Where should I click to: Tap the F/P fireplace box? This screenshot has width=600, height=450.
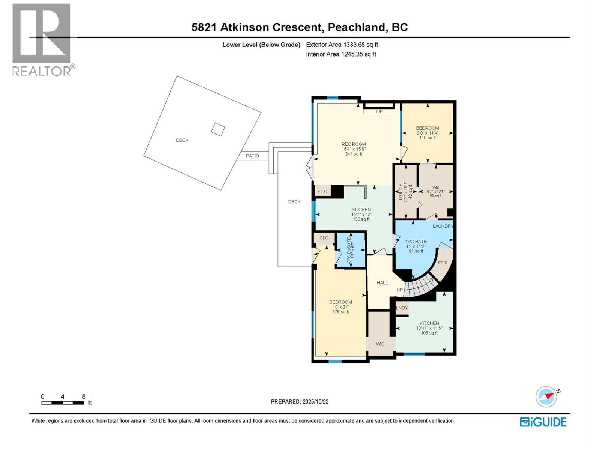[379, 111]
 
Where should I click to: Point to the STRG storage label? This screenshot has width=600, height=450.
[442, 262]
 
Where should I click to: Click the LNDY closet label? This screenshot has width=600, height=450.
[402, 308]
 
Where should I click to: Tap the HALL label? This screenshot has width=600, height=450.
[382, 283]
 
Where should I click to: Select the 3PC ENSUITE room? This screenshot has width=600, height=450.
[350, 250]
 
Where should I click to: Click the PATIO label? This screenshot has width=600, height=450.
[252, 156]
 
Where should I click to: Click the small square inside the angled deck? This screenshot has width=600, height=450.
[218, 130]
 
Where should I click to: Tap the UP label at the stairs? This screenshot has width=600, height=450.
[400, 290]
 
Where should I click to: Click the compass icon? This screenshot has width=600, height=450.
[546, 396]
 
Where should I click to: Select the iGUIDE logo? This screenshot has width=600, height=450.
[543, 422]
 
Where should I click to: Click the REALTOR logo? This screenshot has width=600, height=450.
[42, 40]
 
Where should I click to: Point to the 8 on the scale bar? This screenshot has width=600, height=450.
[84, 396]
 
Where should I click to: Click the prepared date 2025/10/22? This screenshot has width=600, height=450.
[315, 401]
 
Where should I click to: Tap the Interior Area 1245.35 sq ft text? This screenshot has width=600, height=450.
[341, 54]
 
